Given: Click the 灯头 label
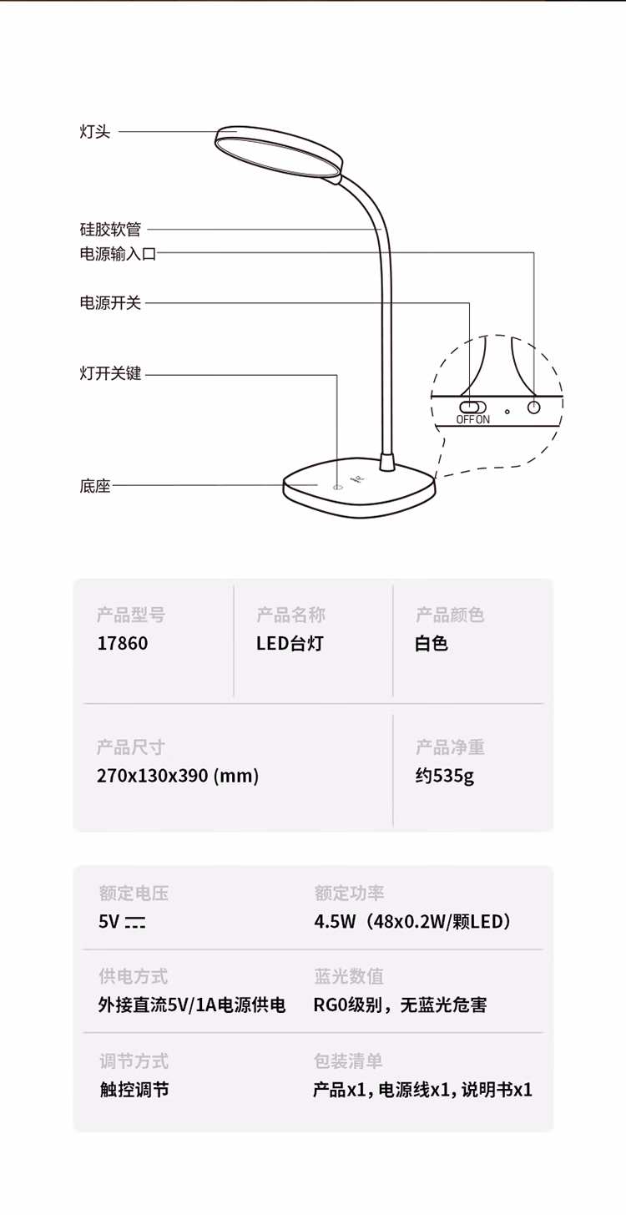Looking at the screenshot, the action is coord(95,132).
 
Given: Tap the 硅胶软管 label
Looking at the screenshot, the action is coord(110,230).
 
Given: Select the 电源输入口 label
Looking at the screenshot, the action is coord(119,254).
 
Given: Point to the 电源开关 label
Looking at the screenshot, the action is coord(110,302).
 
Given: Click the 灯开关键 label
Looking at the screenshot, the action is coord(110,373).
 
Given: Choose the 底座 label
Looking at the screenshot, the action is coord(95,486).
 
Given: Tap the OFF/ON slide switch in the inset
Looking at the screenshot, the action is coord(472,407).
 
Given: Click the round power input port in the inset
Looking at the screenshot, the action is coord(534,408).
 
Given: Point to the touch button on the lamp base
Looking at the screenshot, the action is coord(337,487).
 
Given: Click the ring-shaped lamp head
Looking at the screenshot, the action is coord(279,152).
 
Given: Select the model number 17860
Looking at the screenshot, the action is coord(123,643).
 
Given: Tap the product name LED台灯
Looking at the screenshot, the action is coord(290,643).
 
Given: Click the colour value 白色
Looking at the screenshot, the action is coord(432,643).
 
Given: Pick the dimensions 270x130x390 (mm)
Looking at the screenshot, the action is coord(178,776).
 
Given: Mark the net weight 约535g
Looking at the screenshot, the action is coord(445,777).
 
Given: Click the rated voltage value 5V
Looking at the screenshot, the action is coord(122,922).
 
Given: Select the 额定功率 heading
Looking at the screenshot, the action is coord(349,893).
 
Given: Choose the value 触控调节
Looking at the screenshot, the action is coord(134,1090).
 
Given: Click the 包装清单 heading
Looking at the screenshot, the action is coord(348,1061).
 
